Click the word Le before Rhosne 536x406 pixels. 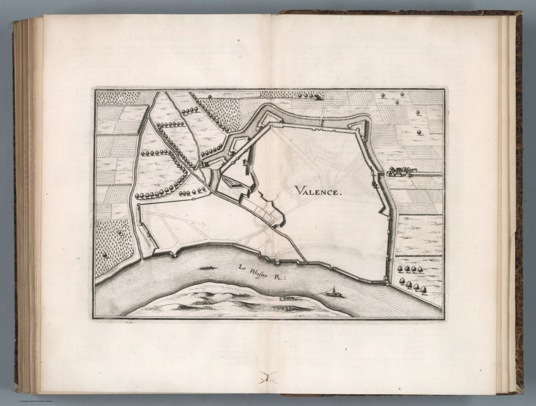[x=243, y=268]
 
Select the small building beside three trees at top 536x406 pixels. [x=318, y=97]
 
